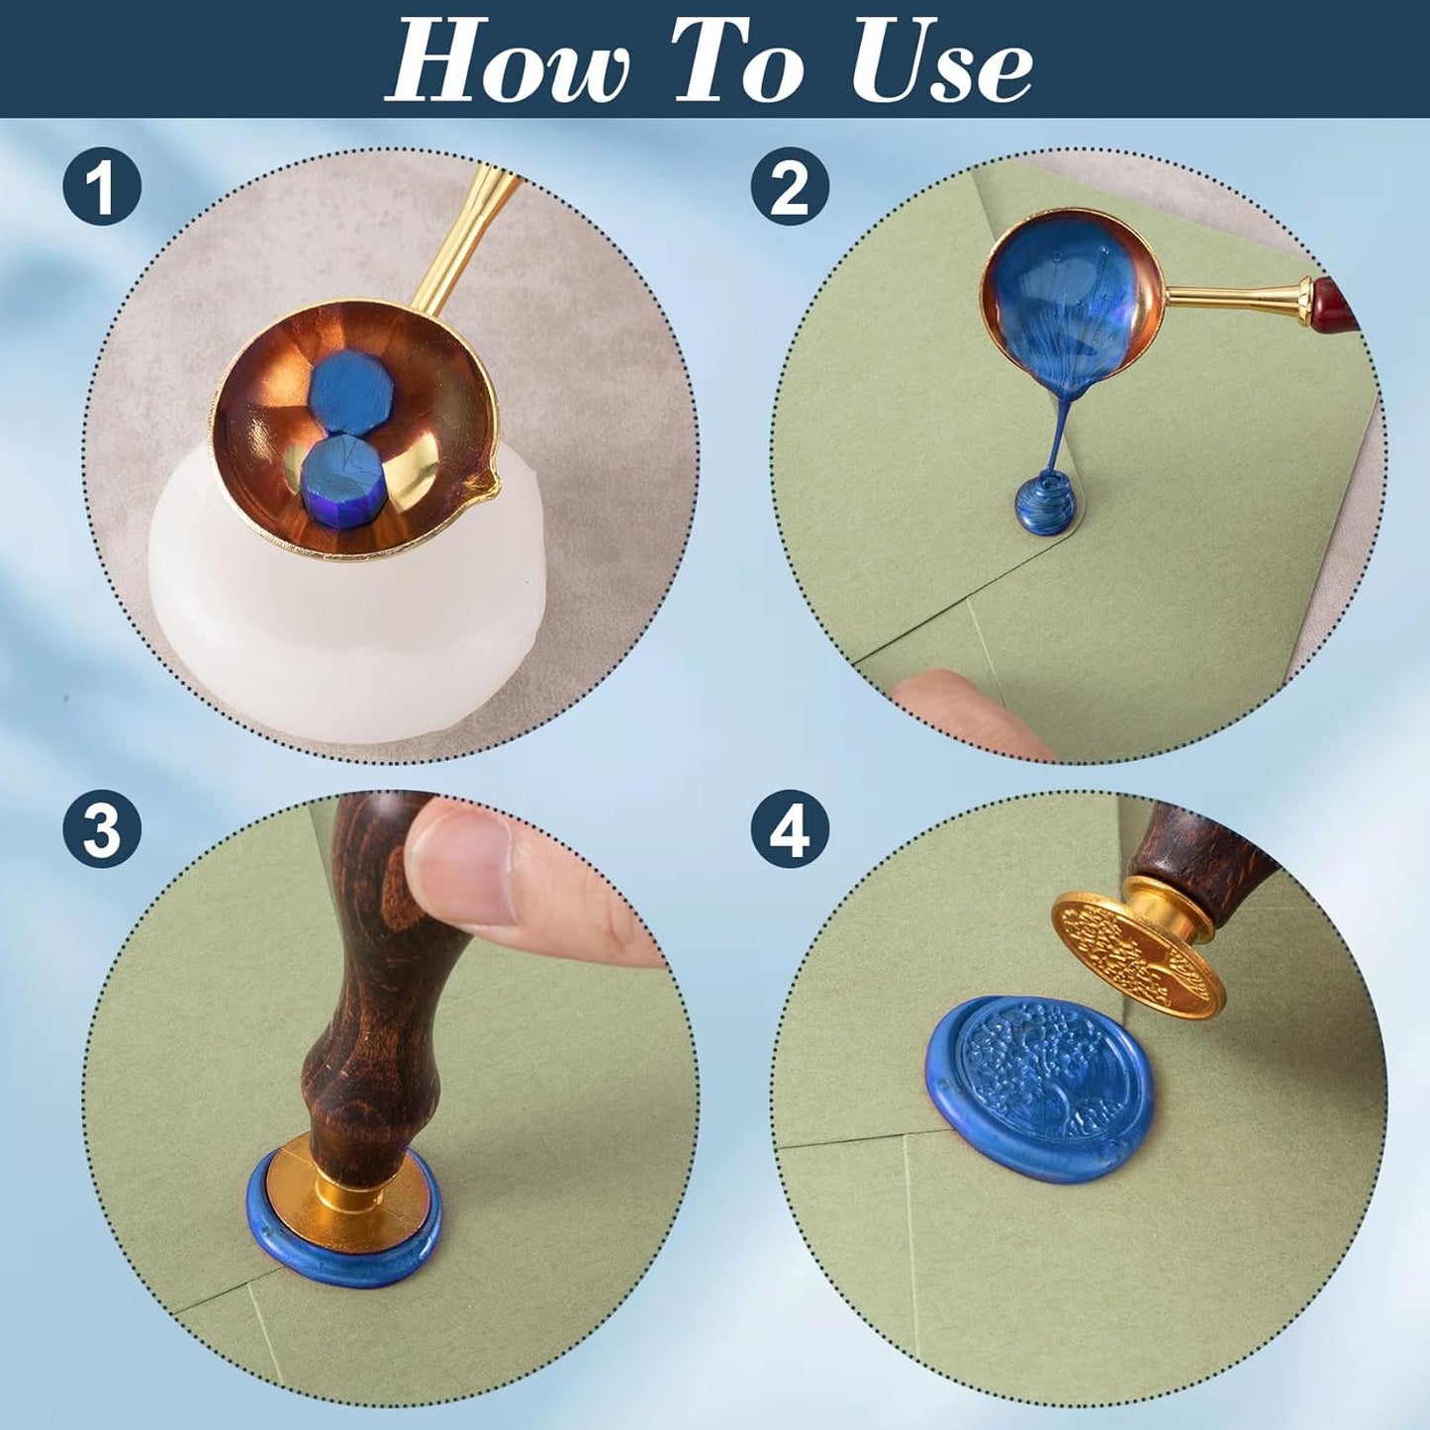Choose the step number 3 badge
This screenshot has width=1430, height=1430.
[102, 829]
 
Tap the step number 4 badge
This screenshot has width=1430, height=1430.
[791, 829]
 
